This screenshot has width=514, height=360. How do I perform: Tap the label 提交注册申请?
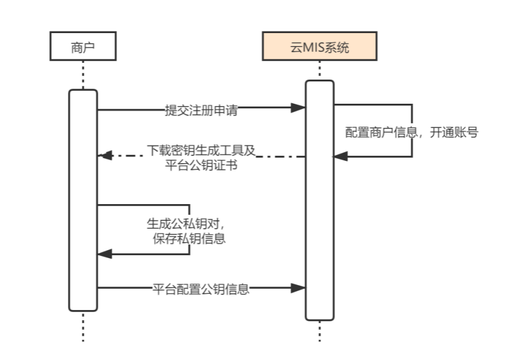[201, 110]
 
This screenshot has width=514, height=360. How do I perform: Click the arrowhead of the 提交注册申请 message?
[299, 108]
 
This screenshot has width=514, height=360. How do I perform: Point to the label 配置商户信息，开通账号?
[411, 132]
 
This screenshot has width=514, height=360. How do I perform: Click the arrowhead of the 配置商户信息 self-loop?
[341, 156]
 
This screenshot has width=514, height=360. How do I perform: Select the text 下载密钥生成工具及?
[201, 151]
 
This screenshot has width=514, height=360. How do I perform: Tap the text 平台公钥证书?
[201, 165]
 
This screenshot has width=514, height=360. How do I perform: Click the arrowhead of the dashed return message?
[105, 155]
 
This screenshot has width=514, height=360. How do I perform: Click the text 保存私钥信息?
[189, 238]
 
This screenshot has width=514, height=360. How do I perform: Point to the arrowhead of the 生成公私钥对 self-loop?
[105, 254]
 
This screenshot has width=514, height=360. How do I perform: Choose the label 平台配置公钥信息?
[201, 289]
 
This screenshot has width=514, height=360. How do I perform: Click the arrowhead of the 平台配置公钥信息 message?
[299, 288]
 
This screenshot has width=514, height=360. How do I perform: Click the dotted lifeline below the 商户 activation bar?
[83, 326]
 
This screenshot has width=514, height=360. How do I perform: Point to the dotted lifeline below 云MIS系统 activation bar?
[320, 331]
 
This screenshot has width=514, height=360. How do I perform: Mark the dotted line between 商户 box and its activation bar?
[83, 75]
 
